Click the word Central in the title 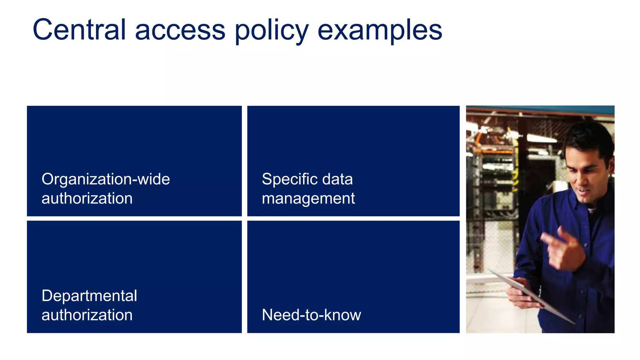click(79, 30)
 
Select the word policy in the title click(272, 30)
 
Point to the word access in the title click(180, 30)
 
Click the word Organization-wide click(106, 179)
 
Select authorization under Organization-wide click(87, 198)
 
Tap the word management click(308, 198)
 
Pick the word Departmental click(89, 296)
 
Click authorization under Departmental click(87, 315)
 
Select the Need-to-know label click(311, 315)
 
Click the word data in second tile click(337, 179)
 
